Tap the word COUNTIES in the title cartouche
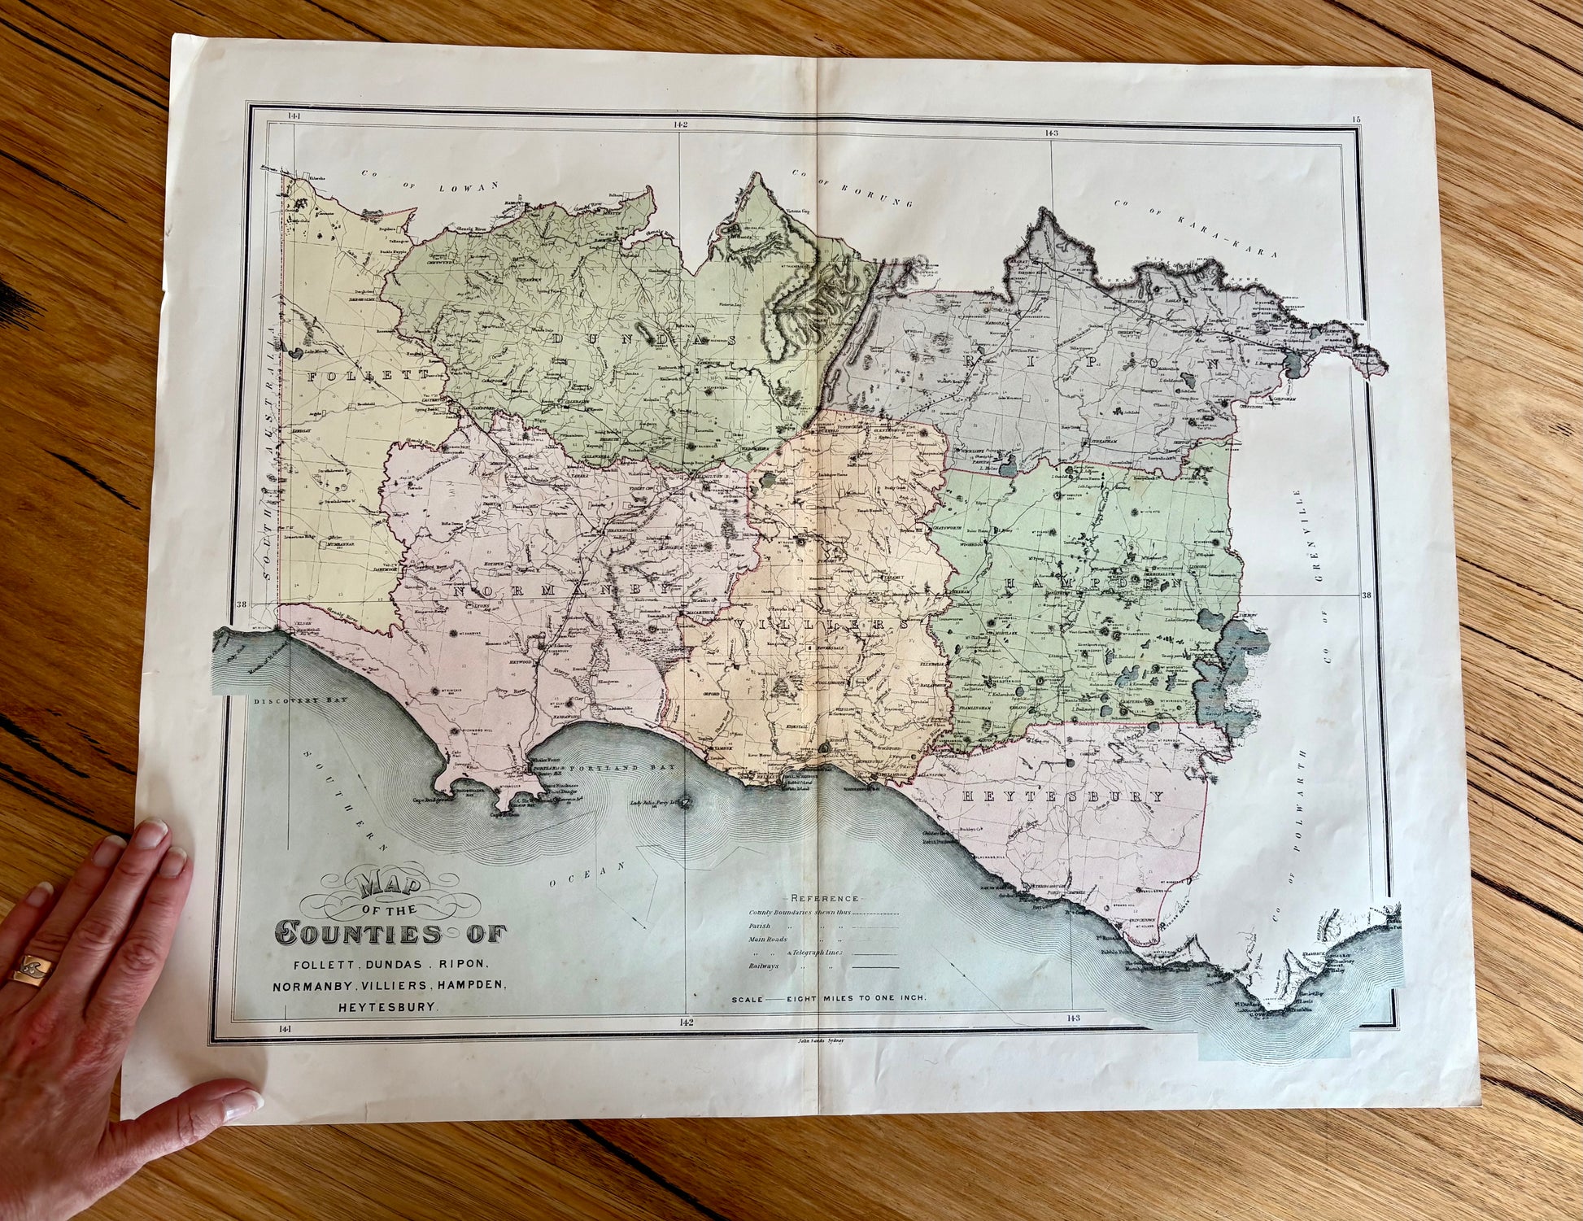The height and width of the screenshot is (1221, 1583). (358, 933)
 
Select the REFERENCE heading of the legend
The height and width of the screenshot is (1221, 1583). (824, 898)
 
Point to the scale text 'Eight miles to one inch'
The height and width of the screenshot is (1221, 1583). (855, 998)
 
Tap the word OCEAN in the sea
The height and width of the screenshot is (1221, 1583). (586, 874)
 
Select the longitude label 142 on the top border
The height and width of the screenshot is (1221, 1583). (680, 124)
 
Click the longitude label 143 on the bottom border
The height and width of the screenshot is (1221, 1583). (1072, 1018)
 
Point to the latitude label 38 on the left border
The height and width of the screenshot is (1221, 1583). (240, 604)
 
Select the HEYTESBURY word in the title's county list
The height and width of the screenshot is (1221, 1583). (387, 1006)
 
